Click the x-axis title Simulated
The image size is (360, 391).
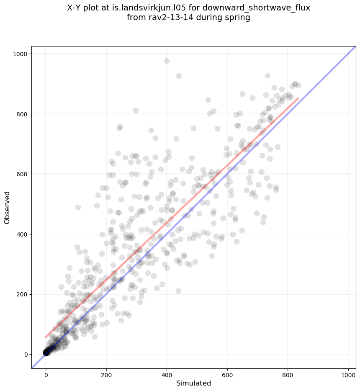pos(193,383)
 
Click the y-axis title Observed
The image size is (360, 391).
pos(7,207)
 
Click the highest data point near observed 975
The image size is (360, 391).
pos(167,61)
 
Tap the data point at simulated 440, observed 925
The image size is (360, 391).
pos(179,76)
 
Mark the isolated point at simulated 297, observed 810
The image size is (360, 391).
pos(136,111)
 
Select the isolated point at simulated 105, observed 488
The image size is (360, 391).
pos(78,207)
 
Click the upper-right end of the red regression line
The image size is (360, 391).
pos(298,98)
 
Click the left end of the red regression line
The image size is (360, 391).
pos(46,337)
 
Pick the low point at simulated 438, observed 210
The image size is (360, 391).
pos(178,291)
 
